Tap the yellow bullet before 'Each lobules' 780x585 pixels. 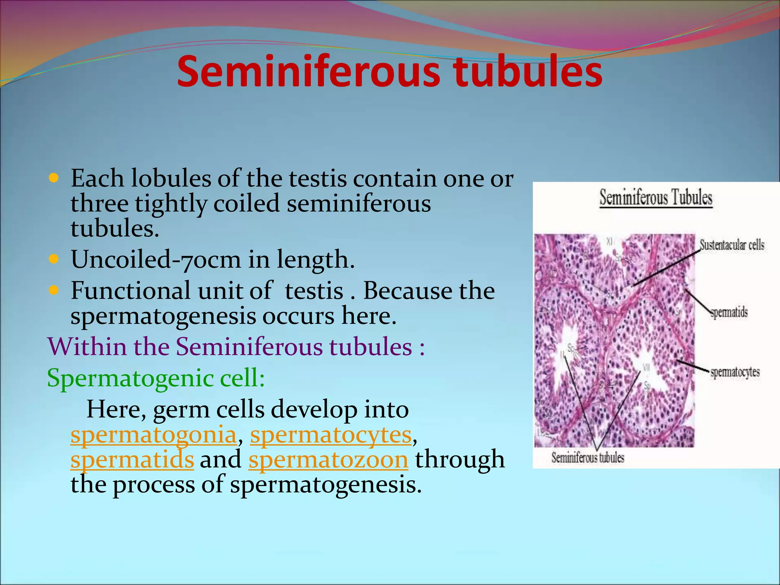click(54, 177)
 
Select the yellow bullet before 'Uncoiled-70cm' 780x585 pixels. click(54, 259)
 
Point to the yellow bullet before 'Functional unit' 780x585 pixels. click(54, 291)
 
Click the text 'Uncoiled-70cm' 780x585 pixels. click(156, 259)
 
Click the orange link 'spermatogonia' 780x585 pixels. click(153, 435)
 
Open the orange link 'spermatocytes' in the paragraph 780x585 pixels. click(331, 435)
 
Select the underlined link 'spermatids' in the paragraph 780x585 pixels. click(132, 459)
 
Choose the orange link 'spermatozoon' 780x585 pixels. click(328, 459)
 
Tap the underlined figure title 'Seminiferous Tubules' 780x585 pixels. click(656, 198)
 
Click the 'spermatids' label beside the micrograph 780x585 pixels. click(729, 313)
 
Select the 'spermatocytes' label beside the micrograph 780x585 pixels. click(735, 372)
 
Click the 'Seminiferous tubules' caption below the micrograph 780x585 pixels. click(588, 457)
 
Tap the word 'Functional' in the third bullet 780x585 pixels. click(131, 291)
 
